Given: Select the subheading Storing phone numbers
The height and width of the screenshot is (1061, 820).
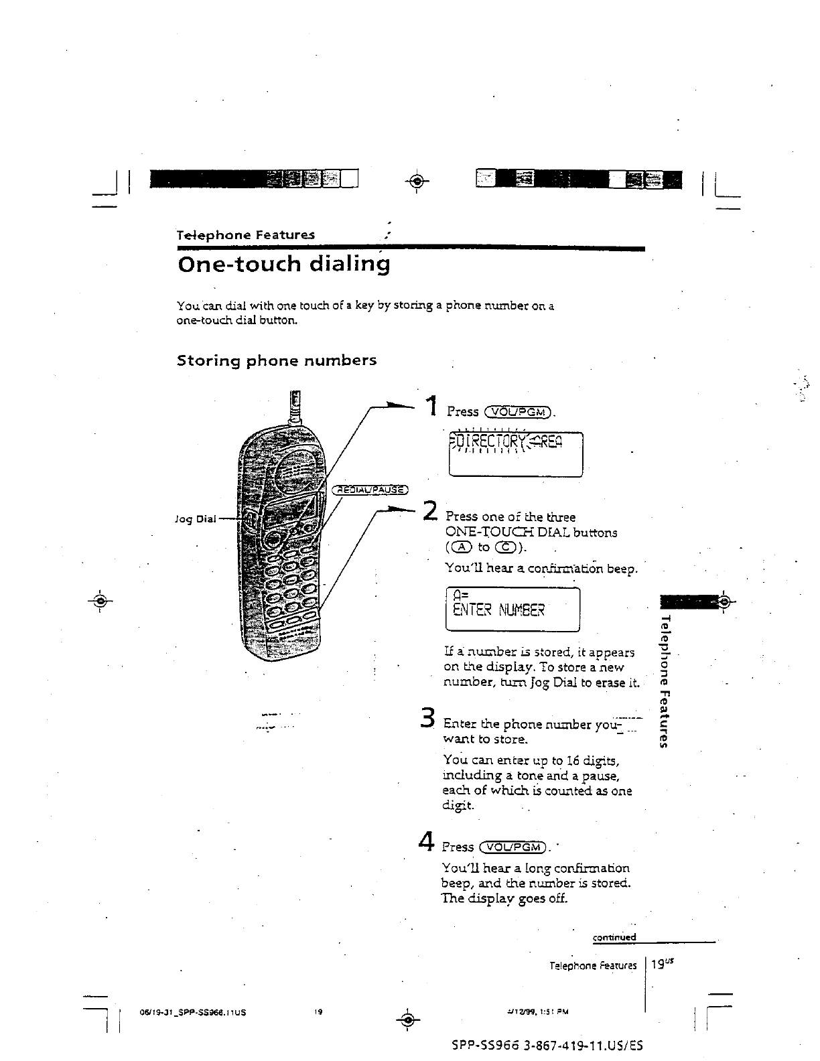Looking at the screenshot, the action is [276, 360].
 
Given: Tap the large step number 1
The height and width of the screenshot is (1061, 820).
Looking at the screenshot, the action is [432, 406].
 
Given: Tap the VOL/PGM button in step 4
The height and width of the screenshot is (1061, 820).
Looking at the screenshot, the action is [514, 847].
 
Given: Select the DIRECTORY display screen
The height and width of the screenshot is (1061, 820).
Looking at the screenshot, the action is [516, 454].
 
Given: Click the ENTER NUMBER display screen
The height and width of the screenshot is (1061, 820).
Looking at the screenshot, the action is [512, 609].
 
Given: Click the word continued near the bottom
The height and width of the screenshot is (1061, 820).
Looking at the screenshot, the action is [614, 937].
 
